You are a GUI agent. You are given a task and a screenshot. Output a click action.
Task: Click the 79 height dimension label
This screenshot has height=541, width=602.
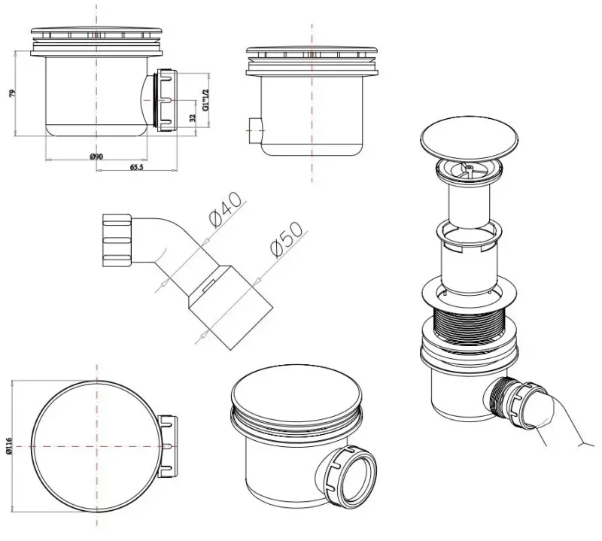(x=13, y=93)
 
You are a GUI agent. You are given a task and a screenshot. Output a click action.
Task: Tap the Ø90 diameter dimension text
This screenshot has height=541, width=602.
(x=96, y=157)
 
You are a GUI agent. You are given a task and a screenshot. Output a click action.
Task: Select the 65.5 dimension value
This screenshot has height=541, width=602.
(x=136, y=167)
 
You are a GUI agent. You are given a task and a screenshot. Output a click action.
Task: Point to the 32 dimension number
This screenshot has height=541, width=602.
(x=193, y=117)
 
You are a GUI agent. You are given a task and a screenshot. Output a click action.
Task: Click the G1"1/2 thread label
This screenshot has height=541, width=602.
(x=205, y=100)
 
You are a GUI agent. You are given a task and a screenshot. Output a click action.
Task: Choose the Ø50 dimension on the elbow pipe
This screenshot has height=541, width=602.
(x=287, y=239)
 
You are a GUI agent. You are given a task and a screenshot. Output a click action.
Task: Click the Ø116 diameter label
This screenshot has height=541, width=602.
(x=10, y=445)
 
